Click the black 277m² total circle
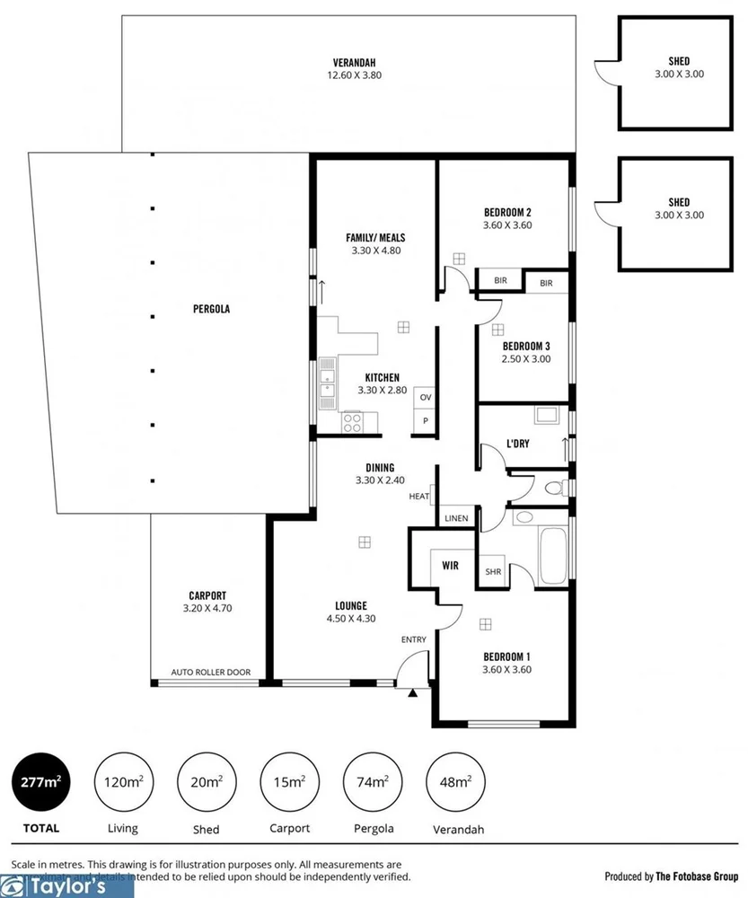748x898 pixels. (x=40, y=782)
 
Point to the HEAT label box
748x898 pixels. (x=419, y=496)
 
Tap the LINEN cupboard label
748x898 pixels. (x=456, y=519)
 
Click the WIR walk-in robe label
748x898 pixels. (x=450, y=566)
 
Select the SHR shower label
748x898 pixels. (x=492, y=572)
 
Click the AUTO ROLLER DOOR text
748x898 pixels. (x=211, y=672)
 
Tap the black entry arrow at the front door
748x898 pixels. (x=412, y=693)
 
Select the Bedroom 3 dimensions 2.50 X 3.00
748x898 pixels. (x=526, y=359)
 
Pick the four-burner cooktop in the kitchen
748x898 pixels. (x=352, y=422)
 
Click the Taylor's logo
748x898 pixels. (x=66, y=887)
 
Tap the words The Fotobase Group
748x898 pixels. (x=696, y=876)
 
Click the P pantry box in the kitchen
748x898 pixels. (x=426, y=421)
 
